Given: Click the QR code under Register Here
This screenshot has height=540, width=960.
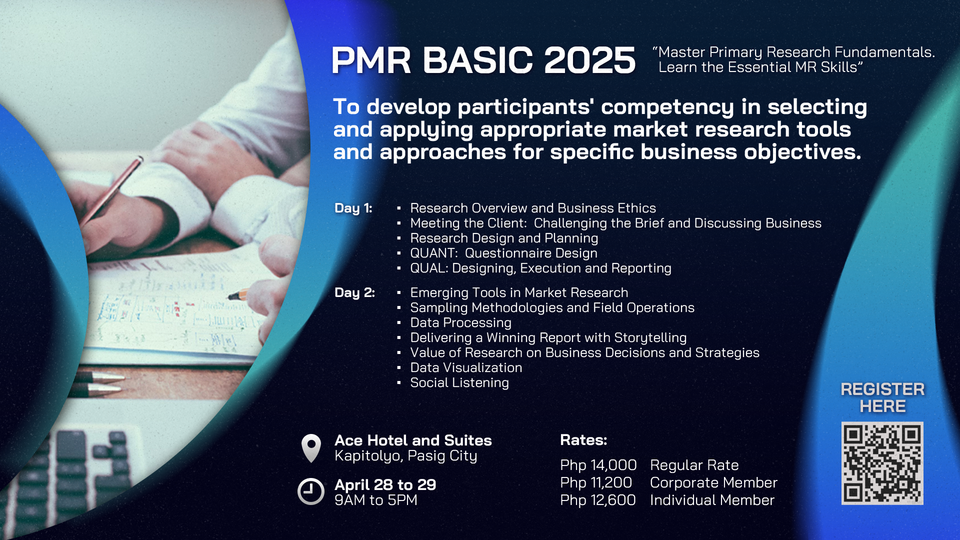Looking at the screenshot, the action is coord(882,463).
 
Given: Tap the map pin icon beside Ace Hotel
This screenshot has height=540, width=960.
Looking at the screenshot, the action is coord(311,448).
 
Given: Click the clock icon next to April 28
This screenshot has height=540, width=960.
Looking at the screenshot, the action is coord(311,491).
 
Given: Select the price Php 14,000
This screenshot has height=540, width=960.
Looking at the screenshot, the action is coord(598,465).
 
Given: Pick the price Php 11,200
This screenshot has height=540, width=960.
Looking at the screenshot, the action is coord(596,482).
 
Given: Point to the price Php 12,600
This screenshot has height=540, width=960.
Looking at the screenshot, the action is coord(598,500).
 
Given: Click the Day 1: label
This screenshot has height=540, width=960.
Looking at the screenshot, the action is coord(353,208).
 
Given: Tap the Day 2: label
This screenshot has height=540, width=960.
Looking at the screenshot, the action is coord(354,292).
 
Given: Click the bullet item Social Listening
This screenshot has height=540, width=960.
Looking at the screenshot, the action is coord(459,382).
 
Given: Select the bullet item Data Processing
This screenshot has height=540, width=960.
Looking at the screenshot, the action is coord(460,322).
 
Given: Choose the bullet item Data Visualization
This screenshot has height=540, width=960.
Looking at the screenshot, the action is coord(466,367).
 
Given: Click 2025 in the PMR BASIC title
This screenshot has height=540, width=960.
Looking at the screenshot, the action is coord(589,60).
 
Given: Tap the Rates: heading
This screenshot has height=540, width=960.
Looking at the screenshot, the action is coord(583,440).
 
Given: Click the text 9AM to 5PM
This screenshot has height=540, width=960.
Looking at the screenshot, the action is coord(376,500).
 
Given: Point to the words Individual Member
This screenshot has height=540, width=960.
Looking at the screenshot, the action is coord(712,500).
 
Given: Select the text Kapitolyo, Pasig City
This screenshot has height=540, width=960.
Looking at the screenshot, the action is coord(406,456).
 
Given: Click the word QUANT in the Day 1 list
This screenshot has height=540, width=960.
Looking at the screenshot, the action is coord(432,253).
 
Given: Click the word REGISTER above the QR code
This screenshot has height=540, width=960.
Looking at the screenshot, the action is coord(882,389).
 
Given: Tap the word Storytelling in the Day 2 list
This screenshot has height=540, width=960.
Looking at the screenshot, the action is coord(650,338).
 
